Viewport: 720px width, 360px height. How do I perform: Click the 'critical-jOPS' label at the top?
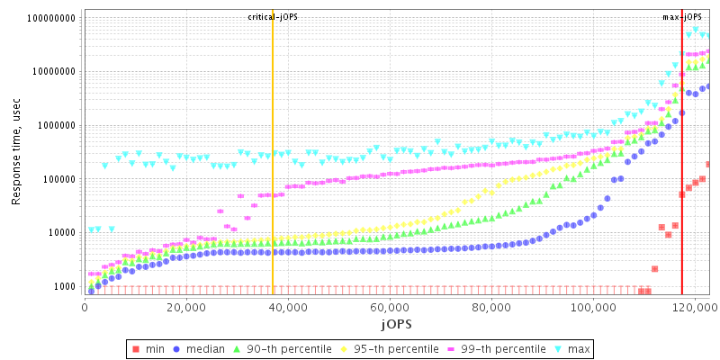[x=273, y=17]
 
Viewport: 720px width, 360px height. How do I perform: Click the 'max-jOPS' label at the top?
[x=681, y=17]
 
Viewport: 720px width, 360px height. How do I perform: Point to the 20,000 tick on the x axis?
[x=185, y=306]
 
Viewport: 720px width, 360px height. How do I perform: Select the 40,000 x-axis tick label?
[x=287, y=306]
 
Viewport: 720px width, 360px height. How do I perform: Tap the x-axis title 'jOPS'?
[x=396, y=323]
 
